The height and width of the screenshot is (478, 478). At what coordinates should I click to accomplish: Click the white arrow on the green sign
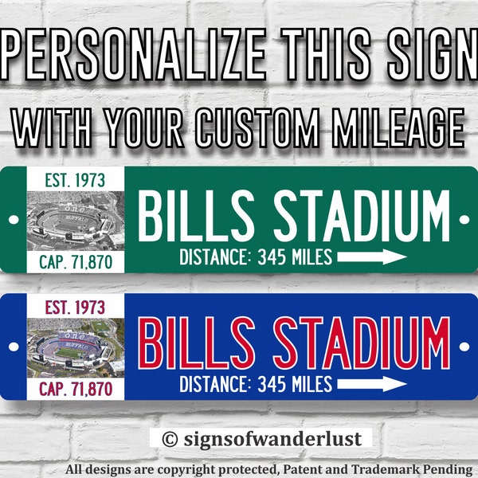point(372,257)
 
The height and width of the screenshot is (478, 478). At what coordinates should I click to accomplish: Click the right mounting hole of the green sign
point(464,219)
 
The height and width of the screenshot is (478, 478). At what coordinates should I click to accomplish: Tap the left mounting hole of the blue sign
point(14,345)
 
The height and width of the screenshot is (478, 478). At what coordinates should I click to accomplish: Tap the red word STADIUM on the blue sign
point(362,343)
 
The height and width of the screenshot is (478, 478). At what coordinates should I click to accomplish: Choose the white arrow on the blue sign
point(372,385)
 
